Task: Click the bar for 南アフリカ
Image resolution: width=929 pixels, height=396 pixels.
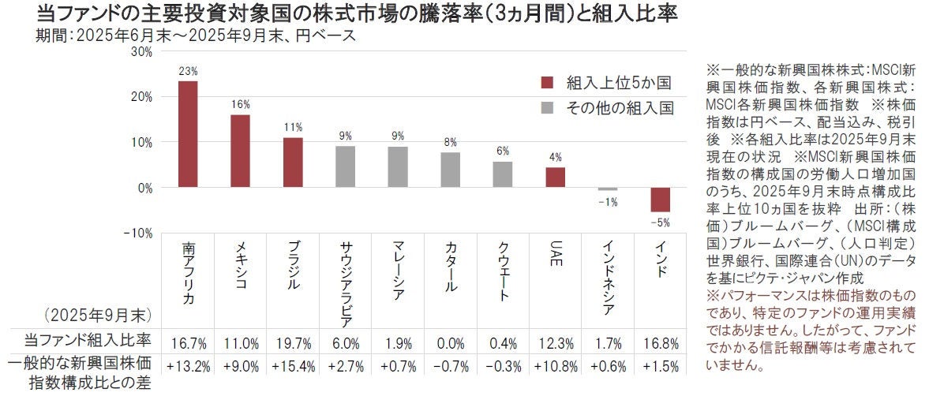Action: [188, 134]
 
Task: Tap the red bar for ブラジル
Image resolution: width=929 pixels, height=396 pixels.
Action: [293, 163]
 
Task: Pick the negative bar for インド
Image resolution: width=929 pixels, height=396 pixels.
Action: [661, 200]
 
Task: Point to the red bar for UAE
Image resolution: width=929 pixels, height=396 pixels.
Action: [556, 177]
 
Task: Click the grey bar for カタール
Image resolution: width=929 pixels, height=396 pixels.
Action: [450, 170]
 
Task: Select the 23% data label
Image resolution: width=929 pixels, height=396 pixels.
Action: [188, 71]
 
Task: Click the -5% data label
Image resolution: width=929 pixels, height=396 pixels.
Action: [661, 221]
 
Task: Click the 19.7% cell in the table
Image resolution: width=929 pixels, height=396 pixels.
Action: [293, 343]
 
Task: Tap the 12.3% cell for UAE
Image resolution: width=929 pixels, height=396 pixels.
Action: [556, 343]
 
